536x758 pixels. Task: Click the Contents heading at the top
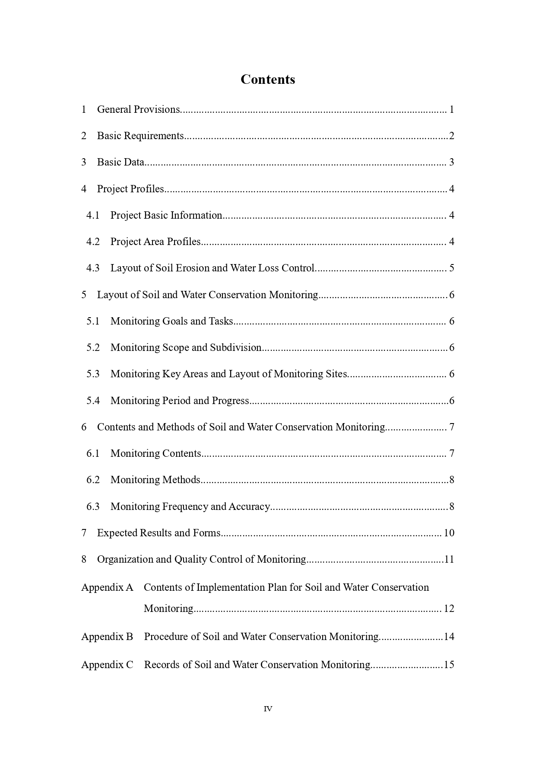[x=268, y=80]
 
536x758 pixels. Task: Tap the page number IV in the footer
[x=268, y=709]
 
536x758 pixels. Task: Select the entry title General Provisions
[x=138, y=109]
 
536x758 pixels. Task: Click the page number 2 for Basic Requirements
[x=451, y=136]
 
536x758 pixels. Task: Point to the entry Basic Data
[x=121, y=162]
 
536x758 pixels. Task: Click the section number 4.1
[x=93, y=215]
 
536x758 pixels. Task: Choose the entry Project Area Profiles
[x=155, y=242]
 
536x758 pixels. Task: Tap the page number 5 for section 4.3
[x=451, y=268]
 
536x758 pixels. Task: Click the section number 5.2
[x=93, y=347]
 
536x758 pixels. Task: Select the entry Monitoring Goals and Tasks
[x=171, y=321]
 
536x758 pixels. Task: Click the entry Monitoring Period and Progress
[x=180, y=401]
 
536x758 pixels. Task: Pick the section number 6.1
[x=93, y=453]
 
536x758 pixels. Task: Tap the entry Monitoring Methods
[x=155, y=480]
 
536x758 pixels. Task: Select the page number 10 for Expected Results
[x=449, y=533]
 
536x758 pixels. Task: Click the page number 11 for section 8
[x=449, y=559]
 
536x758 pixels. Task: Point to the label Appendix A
[x=107, y=587]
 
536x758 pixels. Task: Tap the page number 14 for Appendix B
[x=449, y=637]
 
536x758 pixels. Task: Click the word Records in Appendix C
[x=162, y=665]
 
